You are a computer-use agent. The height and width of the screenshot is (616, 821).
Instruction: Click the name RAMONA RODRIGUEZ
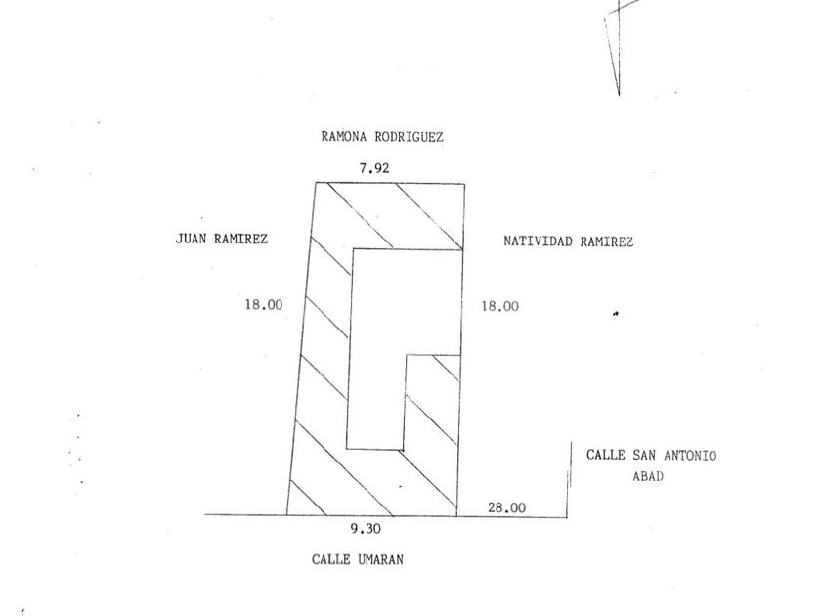point(382,138)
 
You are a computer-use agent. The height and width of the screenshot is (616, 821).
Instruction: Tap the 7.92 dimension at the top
point(374,168)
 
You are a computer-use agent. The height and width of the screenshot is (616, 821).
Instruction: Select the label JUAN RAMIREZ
point(222,238)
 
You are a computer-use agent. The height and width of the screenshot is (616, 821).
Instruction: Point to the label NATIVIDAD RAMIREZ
point(568,241)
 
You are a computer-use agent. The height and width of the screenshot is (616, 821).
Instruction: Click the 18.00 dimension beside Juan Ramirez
point(264,305)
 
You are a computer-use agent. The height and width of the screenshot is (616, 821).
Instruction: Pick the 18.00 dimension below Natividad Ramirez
point(499,306)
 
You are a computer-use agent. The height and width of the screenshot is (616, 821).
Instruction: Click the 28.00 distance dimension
point(506,507)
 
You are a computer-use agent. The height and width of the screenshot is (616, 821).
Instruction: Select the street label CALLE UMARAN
point(358,560)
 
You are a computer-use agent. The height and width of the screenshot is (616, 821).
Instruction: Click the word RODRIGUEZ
point(409,138)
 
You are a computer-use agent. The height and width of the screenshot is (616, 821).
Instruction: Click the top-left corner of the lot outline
point(315,183)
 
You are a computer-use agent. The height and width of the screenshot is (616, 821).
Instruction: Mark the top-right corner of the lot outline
point(463,183)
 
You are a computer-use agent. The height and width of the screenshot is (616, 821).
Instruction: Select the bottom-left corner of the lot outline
point(286,514)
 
